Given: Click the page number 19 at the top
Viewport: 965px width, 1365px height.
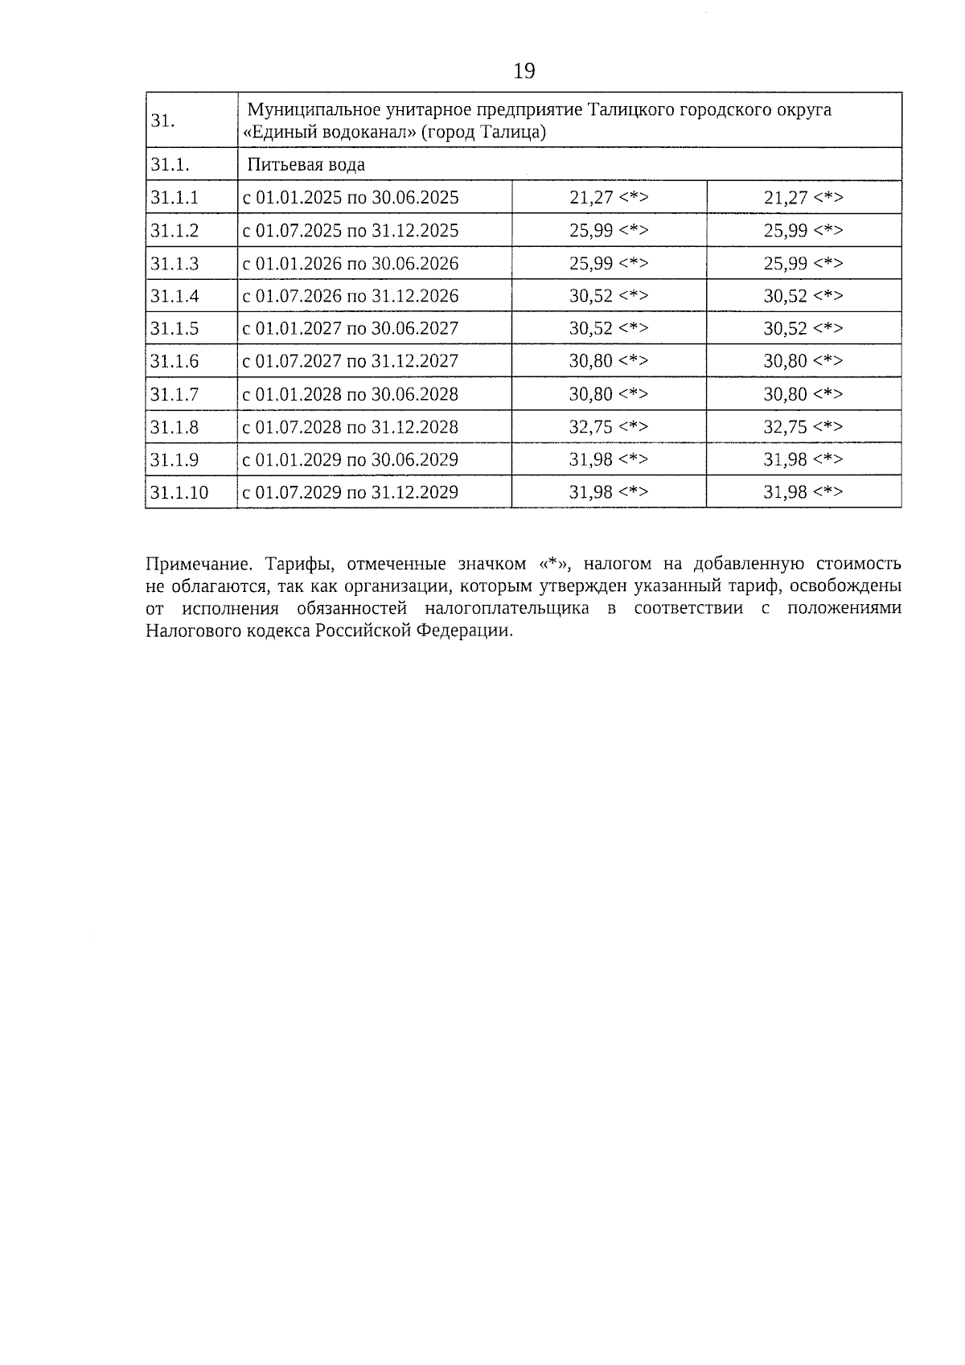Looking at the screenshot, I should (x=524, y=72).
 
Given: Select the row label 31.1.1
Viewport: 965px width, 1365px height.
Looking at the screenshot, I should (x=175, y=198).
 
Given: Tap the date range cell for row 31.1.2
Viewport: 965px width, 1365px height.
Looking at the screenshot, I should (x=351, y=231).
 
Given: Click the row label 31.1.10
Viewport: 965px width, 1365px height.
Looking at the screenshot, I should (x=179, y=492).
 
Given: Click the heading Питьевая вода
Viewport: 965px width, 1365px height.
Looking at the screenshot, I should (x=306, y=165).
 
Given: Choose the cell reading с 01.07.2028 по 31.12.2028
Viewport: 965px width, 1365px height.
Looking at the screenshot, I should (x=351, y=427).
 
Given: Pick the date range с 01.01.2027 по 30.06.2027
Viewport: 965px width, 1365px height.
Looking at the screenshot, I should (x=351, y=328).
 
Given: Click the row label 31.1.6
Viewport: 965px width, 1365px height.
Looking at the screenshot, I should (x=175, y=361).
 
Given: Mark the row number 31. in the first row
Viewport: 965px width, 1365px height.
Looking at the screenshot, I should (x=162, y=121).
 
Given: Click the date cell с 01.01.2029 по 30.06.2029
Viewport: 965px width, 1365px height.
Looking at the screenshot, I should (x=351, y=460).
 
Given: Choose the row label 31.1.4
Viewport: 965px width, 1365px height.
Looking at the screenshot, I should (x=175, y=296).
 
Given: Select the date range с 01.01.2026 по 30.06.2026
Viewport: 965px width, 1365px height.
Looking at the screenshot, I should (x=351, y=264).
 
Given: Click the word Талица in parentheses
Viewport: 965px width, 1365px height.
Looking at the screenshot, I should (x=514, y=132).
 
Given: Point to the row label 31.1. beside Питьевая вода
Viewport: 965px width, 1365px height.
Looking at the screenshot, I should (x=170, y=165).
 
